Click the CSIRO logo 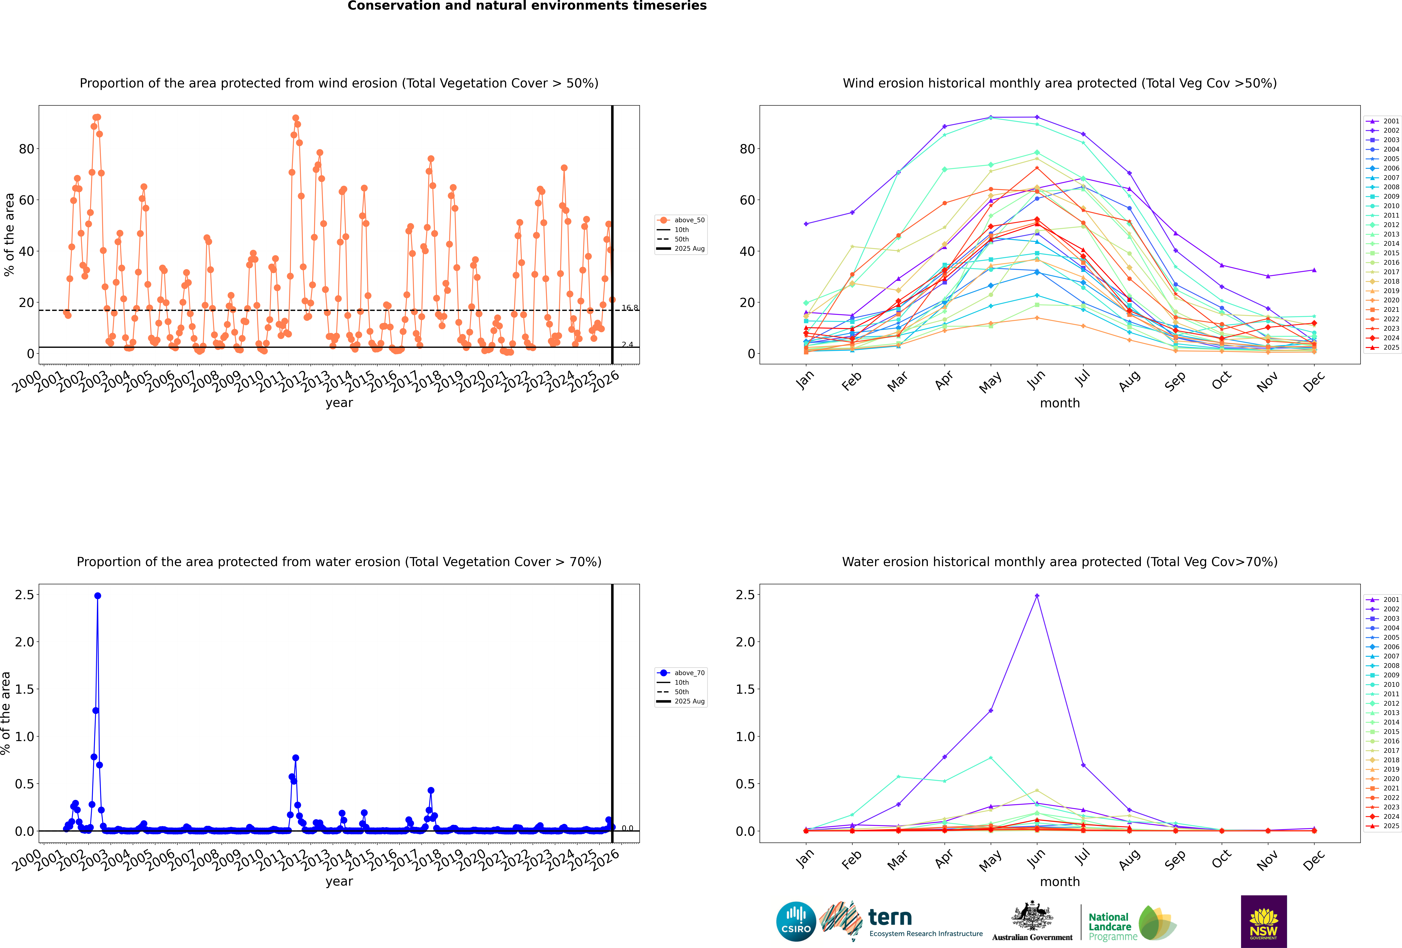(796, 921)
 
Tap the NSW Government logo (1263, 921)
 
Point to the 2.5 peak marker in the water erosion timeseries (98, 596)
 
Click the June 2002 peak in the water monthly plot (1036, 596)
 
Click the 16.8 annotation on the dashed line (630, 308)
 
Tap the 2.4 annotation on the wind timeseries (627, 345)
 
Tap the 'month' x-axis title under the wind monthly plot (1059, 403)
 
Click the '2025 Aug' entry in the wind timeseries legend (689, 249)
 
